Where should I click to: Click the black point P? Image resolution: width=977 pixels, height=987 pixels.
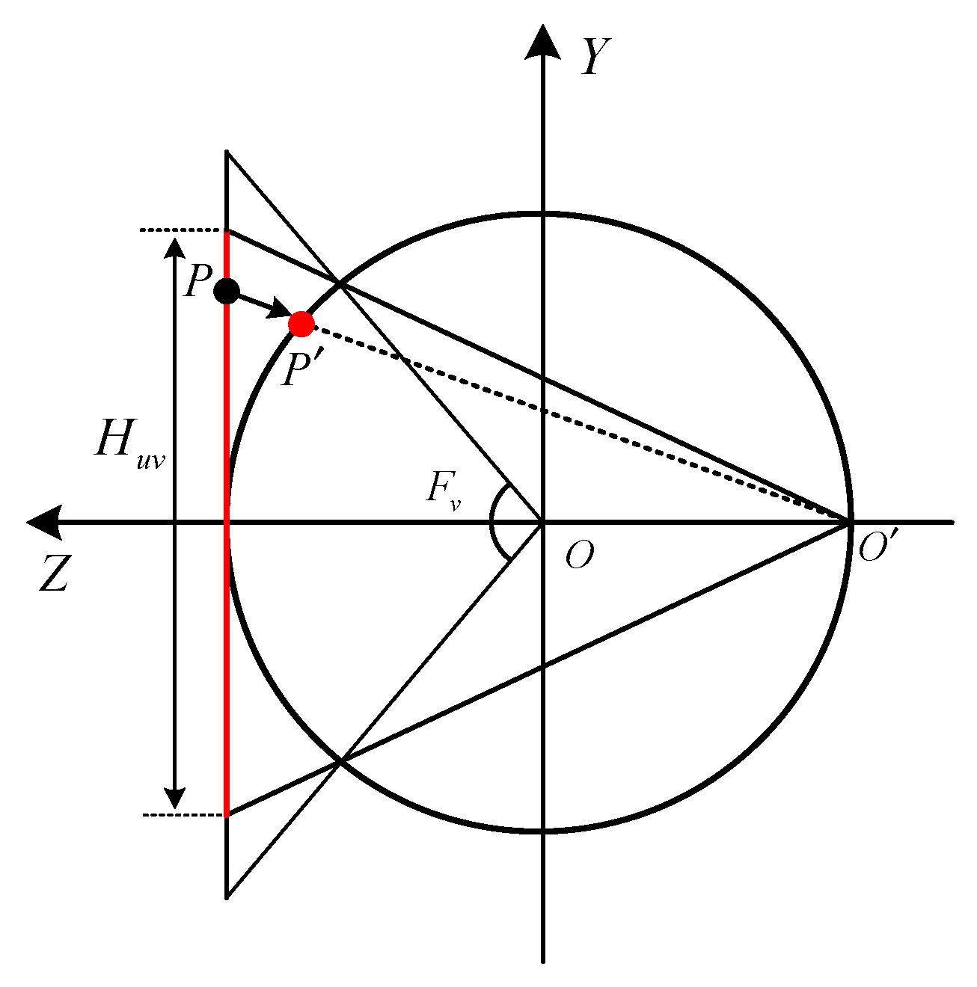(x=226, y=290)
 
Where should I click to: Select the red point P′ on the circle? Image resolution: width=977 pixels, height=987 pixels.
(x=301, y=323)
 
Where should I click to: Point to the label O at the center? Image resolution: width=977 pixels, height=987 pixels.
(x=580, y=556)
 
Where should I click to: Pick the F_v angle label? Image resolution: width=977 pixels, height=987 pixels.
(x=444, y=491)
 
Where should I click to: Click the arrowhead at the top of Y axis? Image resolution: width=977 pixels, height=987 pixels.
(x=542, y=41)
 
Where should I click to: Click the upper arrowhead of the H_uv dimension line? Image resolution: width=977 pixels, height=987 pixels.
(x=175, y=248)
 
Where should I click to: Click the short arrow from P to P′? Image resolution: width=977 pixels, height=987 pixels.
(x=262, y=305)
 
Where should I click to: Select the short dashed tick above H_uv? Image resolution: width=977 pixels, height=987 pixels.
(x=182, y=230)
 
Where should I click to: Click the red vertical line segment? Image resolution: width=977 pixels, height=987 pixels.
(x=226, y=598)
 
